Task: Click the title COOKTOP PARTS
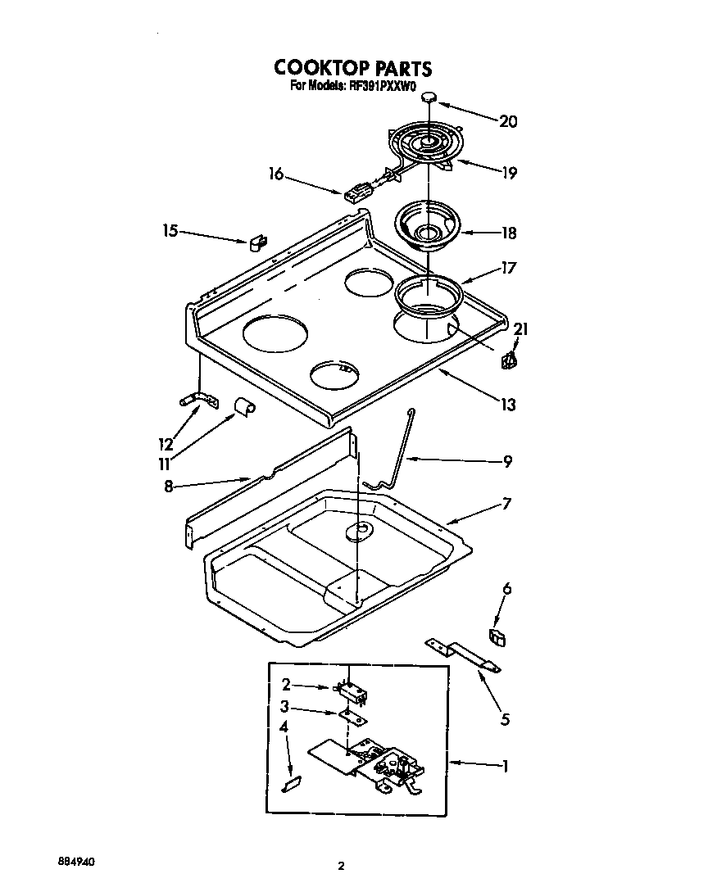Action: coord(352,67)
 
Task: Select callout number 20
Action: coord(508,121)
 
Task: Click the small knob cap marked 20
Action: coord(430,99)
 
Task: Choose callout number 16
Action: coord(275,173)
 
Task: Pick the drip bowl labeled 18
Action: coord(427,225)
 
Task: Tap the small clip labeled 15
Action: coord(258,242)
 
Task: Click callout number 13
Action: coord(508,404)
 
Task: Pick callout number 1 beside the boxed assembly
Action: coord(505,767)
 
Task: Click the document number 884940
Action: coord(76,862)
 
